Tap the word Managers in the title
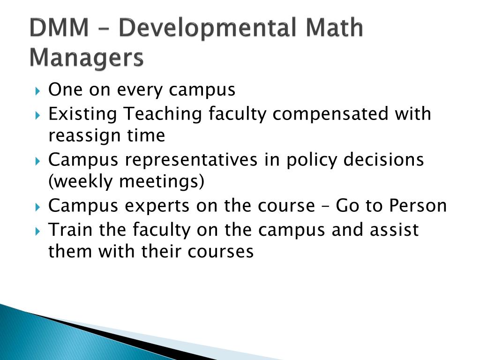[86, 59]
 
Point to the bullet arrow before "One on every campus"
[38, 90]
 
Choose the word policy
[312, 160]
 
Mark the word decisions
[383, 160]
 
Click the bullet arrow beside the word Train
[38, 231]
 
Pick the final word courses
[221, 252]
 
